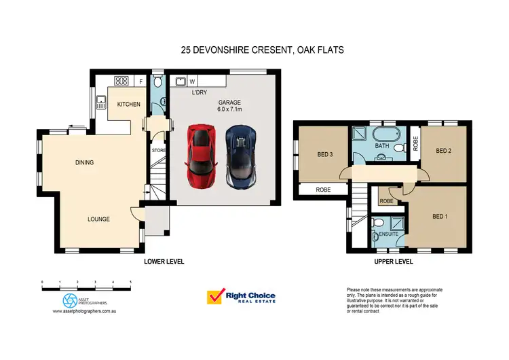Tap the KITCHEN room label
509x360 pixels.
(128, 104)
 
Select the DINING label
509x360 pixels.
(84, 162)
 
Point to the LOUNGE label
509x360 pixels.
(98, 219)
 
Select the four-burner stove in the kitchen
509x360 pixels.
(121, 81)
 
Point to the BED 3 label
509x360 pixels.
(326, 154)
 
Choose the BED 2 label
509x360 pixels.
(444, 151)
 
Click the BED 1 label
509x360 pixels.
(440, 217)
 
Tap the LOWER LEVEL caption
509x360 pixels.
(164, 262)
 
